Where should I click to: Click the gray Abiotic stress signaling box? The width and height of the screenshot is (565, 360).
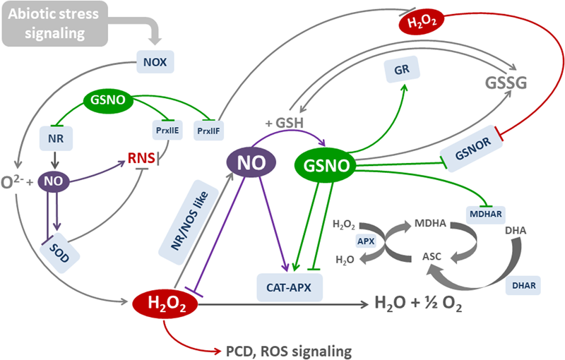(x=53, y=23)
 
